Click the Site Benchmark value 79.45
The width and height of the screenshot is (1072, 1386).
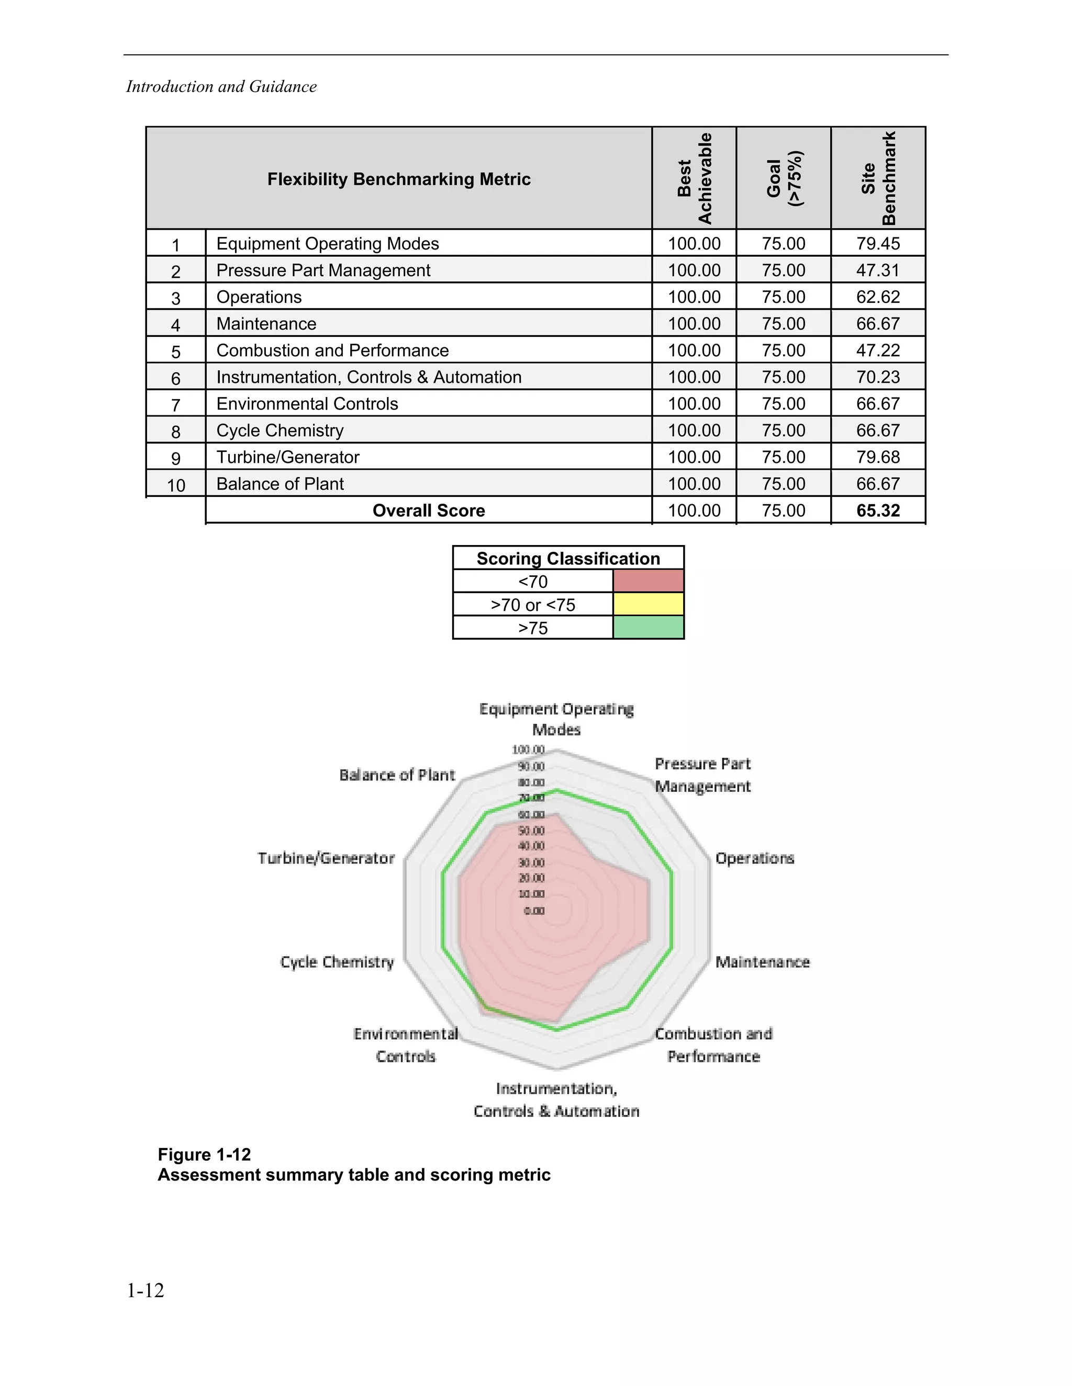(x=878, y=244)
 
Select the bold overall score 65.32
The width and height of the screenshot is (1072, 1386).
(x=878, y=511)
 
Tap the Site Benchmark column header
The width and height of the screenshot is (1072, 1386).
(x=878, y=178)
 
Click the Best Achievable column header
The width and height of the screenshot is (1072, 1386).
(x=694, y=178)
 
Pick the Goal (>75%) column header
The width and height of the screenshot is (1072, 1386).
(x=784, y=178)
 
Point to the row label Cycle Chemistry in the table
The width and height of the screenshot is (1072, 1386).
(x=280, y=431)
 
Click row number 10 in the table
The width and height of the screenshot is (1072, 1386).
(x=176, y=485)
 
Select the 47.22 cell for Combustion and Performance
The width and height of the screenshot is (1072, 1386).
(x=878, y=350)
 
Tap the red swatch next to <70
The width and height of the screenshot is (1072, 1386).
(x=648, y=581)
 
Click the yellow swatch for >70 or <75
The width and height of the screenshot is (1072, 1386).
(x=648, y=604)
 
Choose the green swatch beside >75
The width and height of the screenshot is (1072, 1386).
(x=648, y=628)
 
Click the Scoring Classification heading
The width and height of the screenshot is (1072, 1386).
(x=568, y=559)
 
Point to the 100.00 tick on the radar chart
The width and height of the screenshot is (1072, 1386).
(x=528, y=750)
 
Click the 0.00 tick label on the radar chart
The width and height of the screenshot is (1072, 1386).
(x=534, y=911)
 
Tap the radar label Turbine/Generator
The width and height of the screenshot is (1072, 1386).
(x=326, y=859)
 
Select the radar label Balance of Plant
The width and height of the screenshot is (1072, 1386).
(x=397, y=775)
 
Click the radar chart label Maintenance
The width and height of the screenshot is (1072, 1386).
(x=762, y=962)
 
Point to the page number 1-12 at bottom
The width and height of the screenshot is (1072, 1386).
(x=146, y=1290)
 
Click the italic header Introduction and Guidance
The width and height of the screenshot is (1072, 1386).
(x=221, y=87)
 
